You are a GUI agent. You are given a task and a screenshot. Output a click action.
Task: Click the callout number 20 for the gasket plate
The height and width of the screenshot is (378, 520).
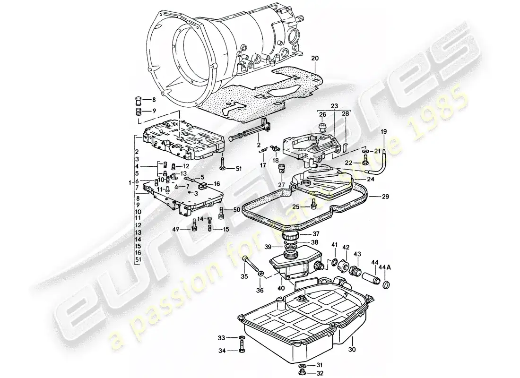(x=315, y=58)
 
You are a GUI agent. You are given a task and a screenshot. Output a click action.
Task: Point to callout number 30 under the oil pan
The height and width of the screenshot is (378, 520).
(x=351, y=350)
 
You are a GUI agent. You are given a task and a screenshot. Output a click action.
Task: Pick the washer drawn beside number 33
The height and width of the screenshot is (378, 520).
(x=242, y=338)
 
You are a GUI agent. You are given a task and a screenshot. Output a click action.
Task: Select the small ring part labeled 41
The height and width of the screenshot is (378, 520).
(x=335, y=262)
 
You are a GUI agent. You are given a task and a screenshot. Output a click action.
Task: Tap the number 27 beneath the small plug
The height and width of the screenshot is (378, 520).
(x=281, y=185)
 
